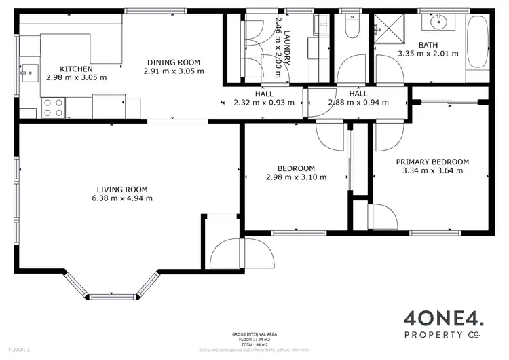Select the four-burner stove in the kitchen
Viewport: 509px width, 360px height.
(x=54, y=107)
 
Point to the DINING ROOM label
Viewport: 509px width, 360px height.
(x=174, y=62)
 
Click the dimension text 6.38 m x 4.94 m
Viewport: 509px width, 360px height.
(x=122, y=198)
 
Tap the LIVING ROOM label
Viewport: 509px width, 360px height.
(x=122, y=190)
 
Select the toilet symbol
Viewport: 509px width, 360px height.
(x=352, y=26)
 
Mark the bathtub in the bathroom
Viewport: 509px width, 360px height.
(x=478, y=41)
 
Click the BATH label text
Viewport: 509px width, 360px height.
(x=428, y=45)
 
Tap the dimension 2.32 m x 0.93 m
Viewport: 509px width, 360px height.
(x=264, y=103)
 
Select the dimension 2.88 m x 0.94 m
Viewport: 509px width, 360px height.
(x=358, y=103)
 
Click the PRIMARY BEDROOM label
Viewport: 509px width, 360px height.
(x=432, y=162)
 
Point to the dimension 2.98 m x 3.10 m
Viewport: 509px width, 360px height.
(x=296, y=177)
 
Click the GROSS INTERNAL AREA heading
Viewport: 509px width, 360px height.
(x=255, y=334)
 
